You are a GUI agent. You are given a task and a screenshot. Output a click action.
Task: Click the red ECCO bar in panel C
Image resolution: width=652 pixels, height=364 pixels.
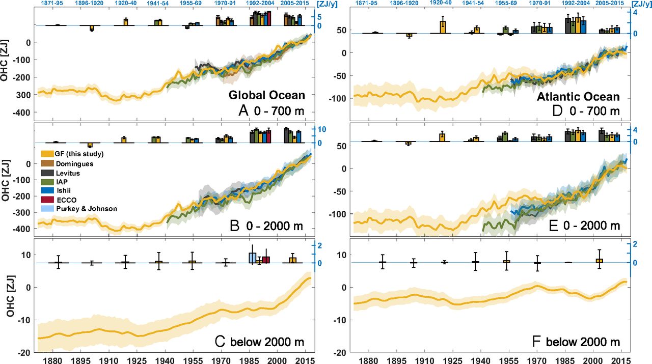[x=266, y=260]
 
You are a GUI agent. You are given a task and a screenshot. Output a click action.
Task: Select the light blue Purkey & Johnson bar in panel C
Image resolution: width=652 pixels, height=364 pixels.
[x=252, y=258]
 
